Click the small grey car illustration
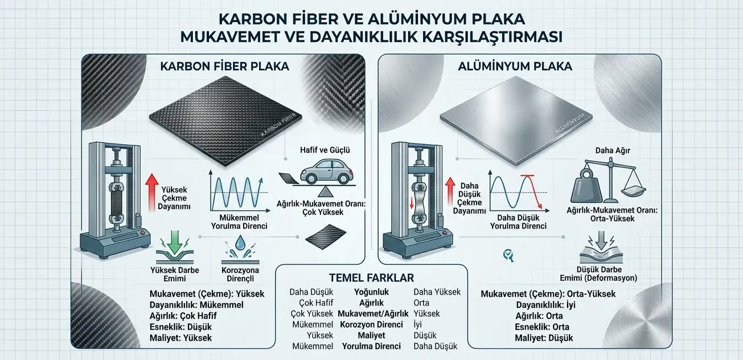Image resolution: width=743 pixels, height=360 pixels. pos(326,171)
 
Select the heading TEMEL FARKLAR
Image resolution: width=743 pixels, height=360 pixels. pos(371,277)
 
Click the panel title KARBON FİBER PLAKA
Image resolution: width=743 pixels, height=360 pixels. pos(224,66)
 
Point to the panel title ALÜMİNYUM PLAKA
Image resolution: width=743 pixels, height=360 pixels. pos(515,66)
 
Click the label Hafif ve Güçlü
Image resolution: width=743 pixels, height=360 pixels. pos(325,150)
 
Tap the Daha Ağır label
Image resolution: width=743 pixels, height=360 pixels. pos(613,150)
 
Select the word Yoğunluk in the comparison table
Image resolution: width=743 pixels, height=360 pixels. pos(371,292)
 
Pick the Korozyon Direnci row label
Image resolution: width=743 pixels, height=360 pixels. pos(371,325)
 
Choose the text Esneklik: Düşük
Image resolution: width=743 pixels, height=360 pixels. pos(180,327)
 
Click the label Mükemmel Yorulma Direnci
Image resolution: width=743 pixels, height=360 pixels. pos(239,222)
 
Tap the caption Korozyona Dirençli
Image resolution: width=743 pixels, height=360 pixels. pos(240,275)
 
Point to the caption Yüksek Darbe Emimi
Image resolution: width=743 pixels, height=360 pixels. pos(175,274)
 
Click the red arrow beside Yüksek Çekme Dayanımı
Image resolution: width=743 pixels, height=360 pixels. pos(152,193)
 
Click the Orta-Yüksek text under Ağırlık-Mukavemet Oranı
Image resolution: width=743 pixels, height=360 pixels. pos(612,219)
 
